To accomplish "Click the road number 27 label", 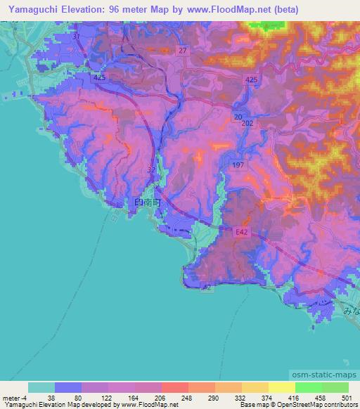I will pyautogui.click(x=183, y=51).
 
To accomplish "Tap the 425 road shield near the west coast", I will pyautogui.click(x=98, y=78).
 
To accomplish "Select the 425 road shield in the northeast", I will pyautogui.click(x=252, y=81).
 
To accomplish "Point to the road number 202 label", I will pyautogui.click(x=247, y=124).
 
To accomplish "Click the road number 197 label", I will pyautogui.click(x=238, y=164).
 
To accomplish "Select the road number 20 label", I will pyautogui.click(x=238, y=117).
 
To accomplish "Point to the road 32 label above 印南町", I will pyautogui.click(x=151, y=170).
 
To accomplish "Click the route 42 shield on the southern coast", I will pyautogui.click(x=205, y=287).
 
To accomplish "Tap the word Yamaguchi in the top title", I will pyautogui.click(x=30, y=10).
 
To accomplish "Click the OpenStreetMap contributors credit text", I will pyautogui.click(x=318, y=405).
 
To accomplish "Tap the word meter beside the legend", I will pyautogui.click(x=11, y=398).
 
